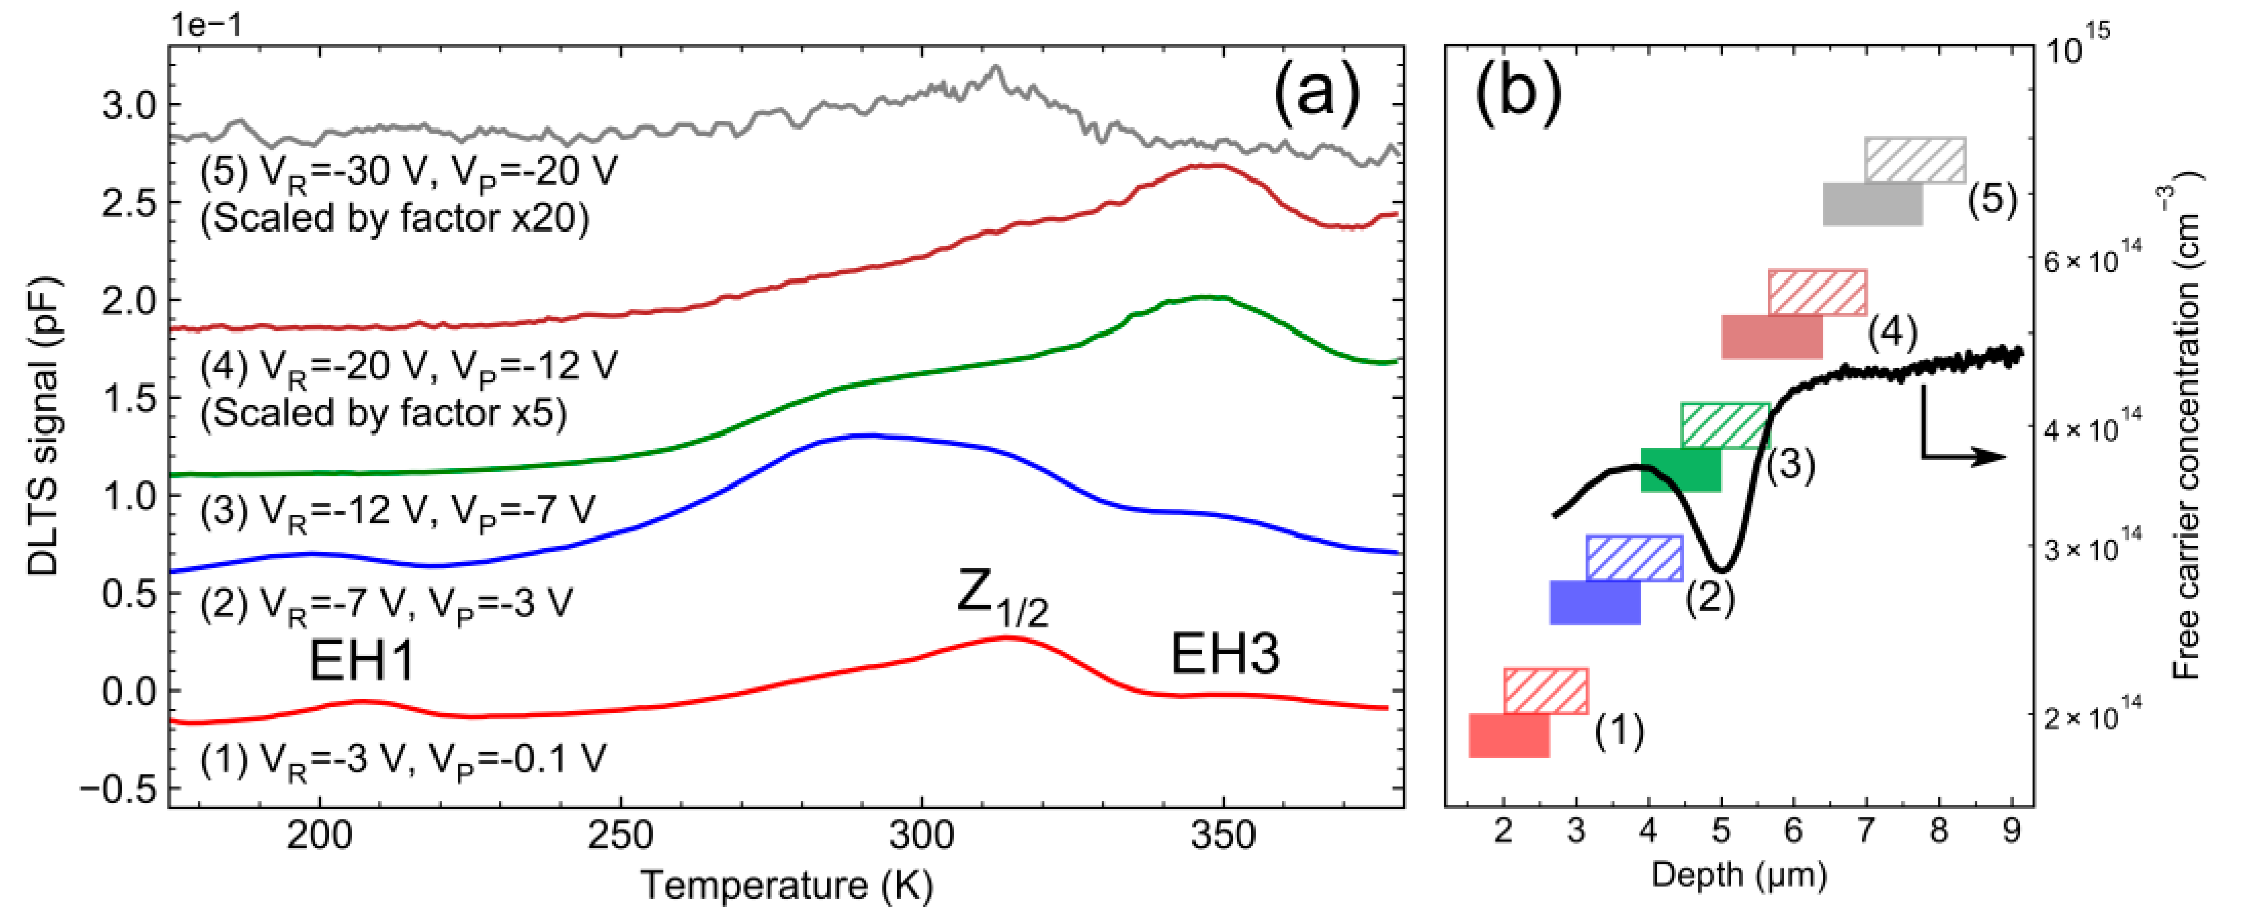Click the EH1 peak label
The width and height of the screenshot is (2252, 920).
tap(361, 660)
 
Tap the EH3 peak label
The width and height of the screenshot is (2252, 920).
tap(1224, 654)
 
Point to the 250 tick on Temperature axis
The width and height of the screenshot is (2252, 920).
tap(620, 836)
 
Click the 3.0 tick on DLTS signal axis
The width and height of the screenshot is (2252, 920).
tap(129, 105)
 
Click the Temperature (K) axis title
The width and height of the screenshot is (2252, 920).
tap(787, 885)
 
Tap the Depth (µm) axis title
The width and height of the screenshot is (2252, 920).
tap(1739, 874)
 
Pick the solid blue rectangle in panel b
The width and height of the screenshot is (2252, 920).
tap(1594, 603)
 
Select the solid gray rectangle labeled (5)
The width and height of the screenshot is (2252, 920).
tap(1873, 204)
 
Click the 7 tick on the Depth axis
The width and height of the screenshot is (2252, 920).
tap(1866, 830)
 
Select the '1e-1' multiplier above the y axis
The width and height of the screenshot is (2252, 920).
tap(206, 24)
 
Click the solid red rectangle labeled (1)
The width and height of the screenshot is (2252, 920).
tap(1509, 735)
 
